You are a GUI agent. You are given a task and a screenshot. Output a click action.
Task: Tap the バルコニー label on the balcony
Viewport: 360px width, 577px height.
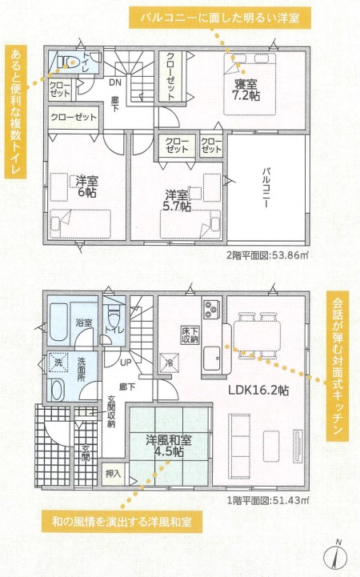point(266,188)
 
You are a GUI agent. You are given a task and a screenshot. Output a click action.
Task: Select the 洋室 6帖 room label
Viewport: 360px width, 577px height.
point(86,186)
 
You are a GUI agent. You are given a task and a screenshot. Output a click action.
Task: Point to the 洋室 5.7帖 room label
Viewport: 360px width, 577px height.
point(178,201)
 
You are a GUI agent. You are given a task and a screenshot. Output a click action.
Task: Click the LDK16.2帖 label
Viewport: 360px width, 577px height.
point(258,390)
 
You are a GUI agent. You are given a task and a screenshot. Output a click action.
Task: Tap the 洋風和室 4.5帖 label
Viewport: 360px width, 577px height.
point(169,446)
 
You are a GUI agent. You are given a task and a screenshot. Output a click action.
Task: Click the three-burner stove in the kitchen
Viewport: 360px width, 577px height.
point(210,309)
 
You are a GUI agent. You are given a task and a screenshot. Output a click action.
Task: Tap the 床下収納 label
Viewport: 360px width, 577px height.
point(190,335)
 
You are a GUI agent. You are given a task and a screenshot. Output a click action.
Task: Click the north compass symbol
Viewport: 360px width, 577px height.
point(335,555)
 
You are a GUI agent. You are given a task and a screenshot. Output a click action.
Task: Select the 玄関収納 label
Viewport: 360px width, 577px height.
point(111,411)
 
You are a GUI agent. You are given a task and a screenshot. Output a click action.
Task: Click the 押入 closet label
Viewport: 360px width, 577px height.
point(113,473)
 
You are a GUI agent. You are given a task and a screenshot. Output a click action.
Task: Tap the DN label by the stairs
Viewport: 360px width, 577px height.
point(115,82)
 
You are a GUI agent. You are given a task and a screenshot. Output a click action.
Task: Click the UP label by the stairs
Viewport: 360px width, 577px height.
point(126,363)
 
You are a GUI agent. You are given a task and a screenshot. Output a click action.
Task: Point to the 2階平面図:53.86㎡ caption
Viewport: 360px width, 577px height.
point(267,255)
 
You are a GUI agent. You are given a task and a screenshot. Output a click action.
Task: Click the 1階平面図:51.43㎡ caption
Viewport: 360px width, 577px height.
point(268,500)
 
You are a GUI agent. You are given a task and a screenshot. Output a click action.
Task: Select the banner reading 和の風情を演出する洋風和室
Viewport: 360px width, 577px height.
point(122,522)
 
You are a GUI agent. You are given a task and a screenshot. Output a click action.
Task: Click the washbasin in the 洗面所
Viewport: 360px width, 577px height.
point(58,390)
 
